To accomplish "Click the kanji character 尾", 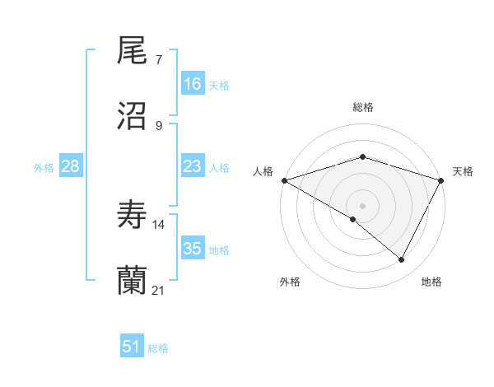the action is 133,53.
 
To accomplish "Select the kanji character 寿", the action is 133,217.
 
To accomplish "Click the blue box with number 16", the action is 193,84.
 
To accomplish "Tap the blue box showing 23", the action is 193,167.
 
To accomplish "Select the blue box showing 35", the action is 193,249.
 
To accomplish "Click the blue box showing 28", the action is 71,167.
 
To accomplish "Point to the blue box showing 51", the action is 132,347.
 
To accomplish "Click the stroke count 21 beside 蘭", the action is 159,289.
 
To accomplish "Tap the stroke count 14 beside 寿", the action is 159,224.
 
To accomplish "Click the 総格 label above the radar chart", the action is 362,107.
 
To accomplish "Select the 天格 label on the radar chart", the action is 463,171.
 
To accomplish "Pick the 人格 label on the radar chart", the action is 263,171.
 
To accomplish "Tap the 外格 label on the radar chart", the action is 290,282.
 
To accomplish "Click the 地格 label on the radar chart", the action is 431,282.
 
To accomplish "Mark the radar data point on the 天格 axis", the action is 442,180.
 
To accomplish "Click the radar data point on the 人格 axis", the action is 283,180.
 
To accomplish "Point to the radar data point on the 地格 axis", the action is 402,260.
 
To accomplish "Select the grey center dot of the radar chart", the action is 362,205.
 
